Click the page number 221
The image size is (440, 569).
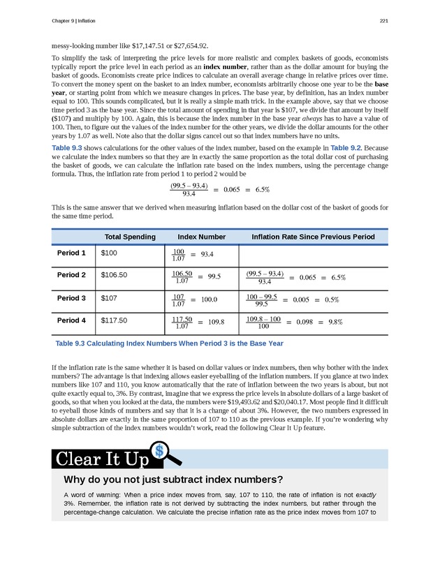[x=383, y=20]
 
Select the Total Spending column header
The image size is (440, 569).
[x=129, y=237]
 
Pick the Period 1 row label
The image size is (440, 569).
[x=71, y=253]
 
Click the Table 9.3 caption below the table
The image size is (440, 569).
[x=168, y=343]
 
